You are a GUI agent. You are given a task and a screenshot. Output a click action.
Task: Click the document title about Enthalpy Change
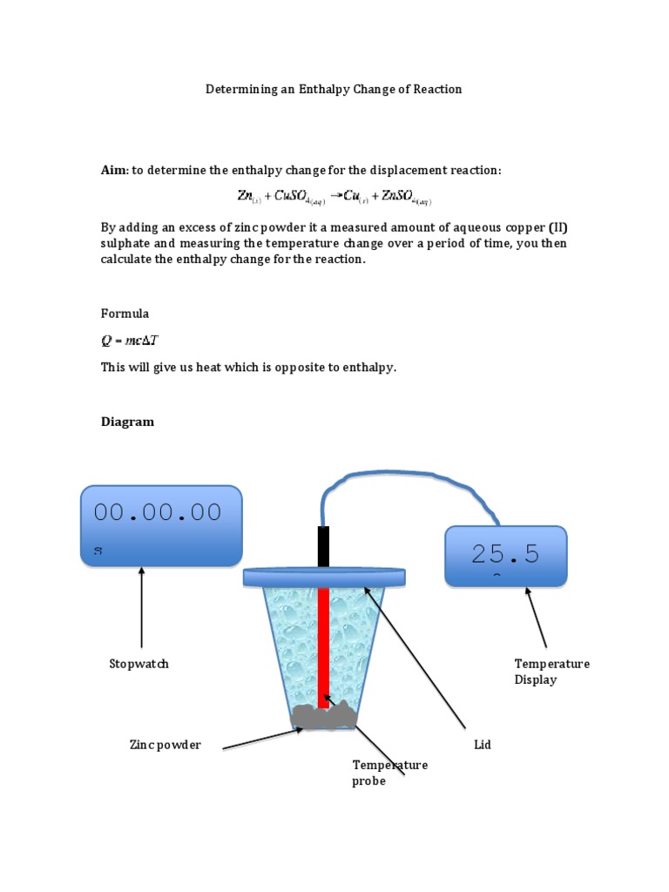[x=333, y=89]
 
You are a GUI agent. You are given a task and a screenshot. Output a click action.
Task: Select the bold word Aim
[x=113, y=170]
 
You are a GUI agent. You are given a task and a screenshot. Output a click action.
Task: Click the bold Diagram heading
[x=127, y=422]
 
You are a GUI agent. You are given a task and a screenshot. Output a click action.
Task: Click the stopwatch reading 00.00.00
[x=159, y=512]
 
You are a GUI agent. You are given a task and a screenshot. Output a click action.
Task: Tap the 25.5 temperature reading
[x=505, y=553]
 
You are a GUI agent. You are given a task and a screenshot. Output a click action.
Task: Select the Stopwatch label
[x=139, y=664]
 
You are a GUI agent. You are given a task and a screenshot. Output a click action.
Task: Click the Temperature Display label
[x=551, y=672]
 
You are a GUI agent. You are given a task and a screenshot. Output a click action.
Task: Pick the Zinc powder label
[x=165, y=745]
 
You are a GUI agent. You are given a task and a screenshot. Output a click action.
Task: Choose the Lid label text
[x=482, y=745]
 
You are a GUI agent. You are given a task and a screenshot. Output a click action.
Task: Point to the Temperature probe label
[x=389, y=773]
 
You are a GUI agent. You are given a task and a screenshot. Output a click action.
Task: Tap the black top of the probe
[x=323, y=547]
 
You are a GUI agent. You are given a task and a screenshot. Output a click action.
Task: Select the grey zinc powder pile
[x=324, y=715]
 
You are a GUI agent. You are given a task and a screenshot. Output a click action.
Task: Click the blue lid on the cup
[x=324, y=576]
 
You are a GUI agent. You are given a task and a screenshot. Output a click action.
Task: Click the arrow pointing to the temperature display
[x=537, y=619]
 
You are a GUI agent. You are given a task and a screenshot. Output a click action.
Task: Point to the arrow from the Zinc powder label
[x=261, y=737]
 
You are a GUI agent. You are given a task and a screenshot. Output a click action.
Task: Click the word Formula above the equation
[x=125, y=313]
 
